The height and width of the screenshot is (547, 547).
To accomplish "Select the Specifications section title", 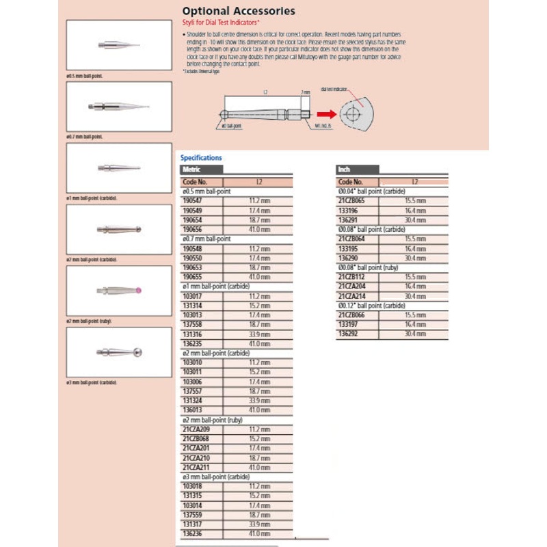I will point(201,158).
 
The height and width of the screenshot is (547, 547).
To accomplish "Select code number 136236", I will point(192,534).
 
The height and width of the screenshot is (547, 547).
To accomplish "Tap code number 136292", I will point(347,333).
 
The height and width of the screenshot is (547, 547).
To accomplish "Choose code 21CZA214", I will point(351,295).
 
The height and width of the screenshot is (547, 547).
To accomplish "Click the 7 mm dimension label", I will point(305,92).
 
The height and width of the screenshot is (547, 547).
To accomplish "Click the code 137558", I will point(192,325).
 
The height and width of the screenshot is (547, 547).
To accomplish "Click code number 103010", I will point(192,362).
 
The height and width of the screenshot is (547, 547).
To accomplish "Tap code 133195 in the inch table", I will point(347,249).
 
